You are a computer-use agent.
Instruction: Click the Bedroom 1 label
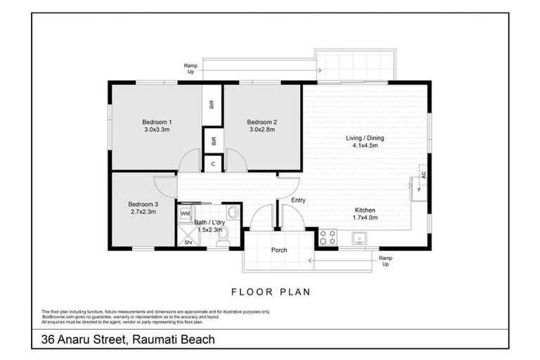[158, 122]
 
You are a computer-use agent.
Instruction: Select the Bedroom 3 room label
[143, 204]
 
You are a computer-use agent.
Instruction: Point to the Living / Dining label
[364, 138]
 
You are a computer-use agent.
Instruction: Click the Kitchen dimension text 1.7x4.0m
[364, 218]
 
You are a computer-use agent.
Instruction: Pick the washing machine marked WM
[186, 212]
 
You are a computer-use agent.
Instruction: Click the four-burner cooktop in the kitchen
[328, 237]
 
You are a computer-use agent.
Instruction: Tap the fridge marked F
[419, 190]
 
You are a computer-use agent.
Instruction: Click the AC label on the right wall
[423, 174]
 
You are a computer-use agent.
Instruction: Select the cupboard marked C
[213, 163]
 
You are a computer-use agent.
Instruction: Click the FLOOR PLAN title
[271, 291]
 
